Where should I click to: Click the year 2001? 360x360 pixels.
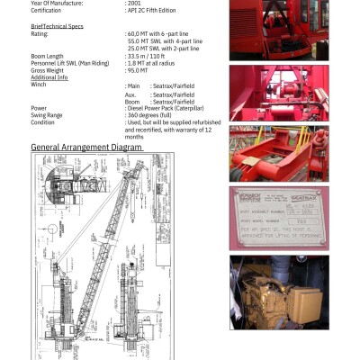pyautogui.click(x=133, y=4)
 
